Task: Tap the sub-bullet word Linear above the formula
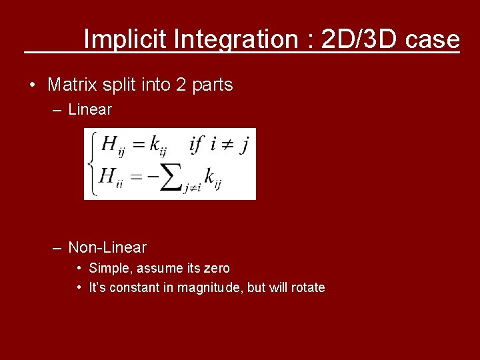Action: (90, 109)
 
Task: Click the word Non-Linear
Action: (107, 248)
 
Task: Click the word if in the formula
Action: (196, 143)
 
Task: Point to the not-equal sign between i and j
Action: (227, 145)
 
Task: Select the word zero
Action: (215, 268)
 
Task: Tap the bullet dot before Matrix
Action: (31, 85)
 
